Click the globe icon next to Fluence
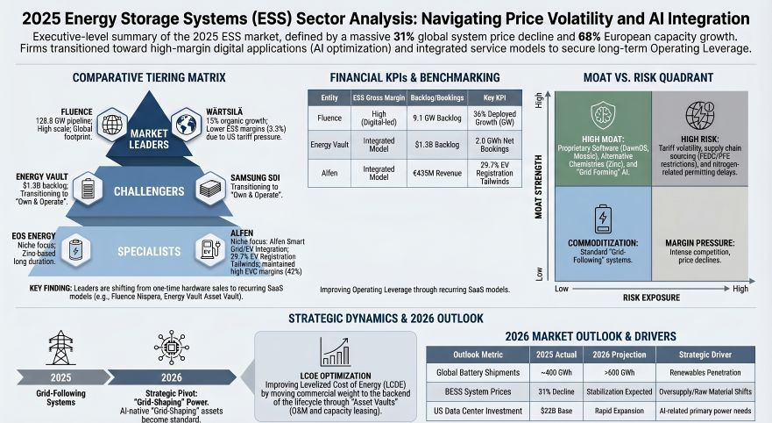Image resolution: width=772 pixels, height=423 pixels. coord(112,125)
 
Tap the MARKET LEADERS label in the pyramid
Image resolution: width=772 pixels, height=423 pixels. coord(148,139)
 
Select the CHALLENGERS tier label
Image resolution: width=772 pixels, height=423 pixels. coord(148,190)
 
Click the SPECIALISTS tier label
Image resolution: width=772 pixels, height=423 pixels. coord(148,251)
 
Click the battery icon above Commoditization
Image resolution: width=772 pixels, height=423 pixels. coord(603,217)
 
